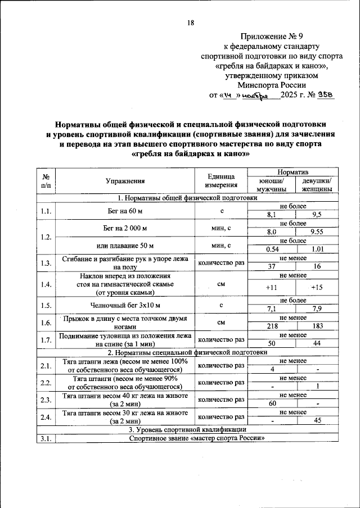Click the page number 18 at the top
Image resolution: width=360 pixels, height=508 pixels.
(191, 23)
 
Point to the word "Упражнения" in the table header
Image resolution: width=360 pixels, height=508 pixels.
(125, 181)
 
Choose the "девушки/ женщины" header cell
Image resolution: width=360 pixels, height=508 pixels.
(317, 185)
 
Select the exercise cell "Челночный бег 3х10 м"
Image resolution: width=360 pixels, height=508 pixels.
(125, 306)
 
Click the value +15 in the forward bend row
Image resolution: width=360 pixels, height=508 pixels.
(317, 288)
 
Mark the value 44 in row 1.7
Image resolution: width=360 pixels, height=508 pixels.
(317, 343)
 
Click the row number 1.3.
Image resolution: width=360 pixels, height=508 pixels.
(46, 264)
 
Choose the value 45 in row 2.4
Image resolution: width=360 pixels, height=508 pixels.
(317, 421)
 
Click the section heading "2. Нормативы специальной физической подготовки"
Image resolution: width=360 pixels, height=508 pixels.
(187, 353)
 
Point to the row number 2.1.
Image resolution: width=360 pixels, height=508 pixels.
(46, 366)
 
